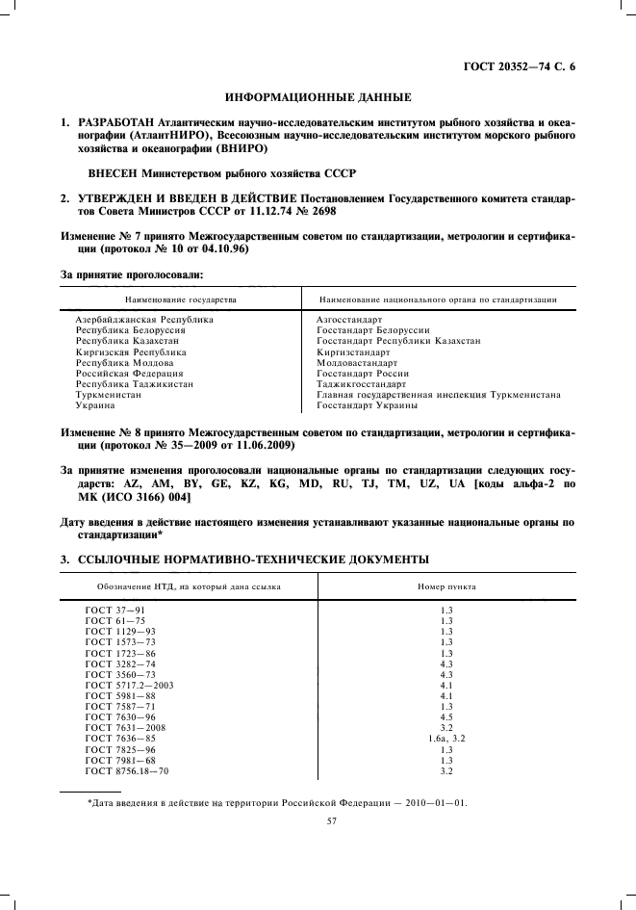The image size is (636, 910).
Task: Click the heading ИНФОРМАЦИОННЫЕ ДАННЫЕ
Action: point(318,97)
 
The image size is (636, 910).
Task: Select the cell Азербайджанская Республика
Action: point(144,319)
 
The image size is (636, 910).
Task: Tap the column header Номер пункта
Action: point(445,585)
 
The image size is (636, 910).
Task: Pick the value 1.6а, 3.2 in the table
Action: point(445,739)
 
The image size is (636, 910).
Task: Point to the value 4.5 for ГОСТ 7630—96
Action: point(445,716)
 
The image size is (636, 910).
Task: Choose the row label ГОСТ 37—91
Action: point(114,610)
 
